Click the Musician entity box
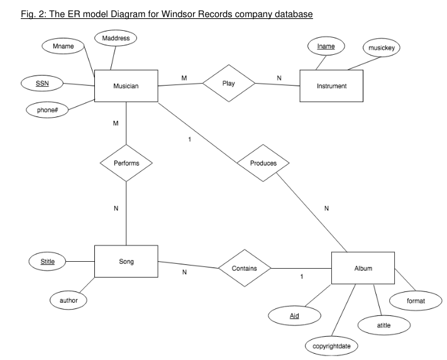point(126,86)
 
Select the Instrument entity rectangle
point(332,86)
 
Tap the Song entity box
point(126,261)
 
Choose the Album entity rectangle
point(363,269)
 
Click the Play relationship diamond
point(228,82)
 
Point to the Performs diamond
point(126,162)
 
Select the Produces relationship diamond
point(263,163)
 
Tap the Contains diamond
point(244,268)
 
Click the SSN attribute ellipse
point(41,83)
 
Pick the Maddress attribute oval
point(116,39)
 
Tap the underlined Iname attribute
point(326,46)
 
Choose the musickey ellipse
point(381,48)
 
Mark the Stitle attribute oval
point(48,261)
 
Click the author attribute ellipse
point(69,301)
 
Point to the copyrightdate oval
point(331,346)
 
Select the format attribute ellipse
point(416,301)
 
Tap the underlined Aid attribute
point(294,315)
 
